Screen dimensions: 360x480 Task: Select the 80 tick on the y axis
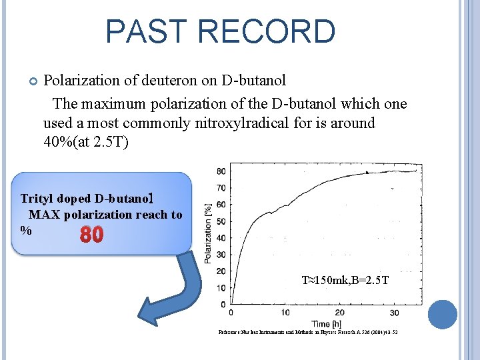(x=221, y=171)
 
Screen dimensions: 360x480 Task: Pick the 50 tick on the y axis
(x=221, y=221)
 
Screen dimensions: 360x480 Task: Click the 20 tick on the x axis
(x=339, y=313)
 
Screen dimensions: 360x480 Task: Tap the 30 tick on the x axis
(x=394, y=313)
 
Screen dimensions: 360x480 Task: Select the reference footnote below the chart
(x=308, y=332)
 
